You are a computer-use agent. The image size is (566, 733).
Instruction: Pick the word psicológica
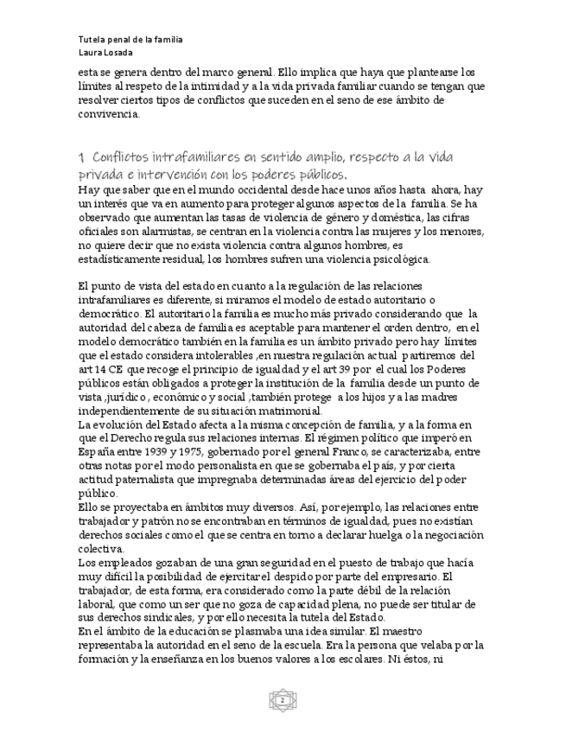point(391,259)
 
